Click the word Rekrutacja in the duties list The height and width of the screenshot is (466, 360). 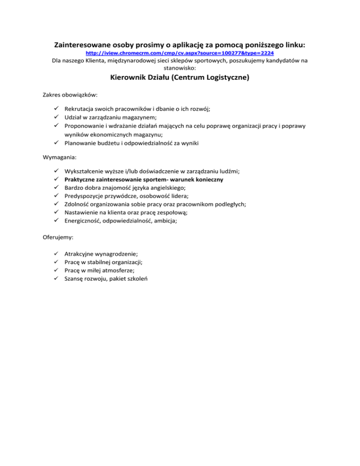[81, 108]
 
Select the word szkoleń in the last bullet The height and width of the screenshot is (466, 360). [136, 278]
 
